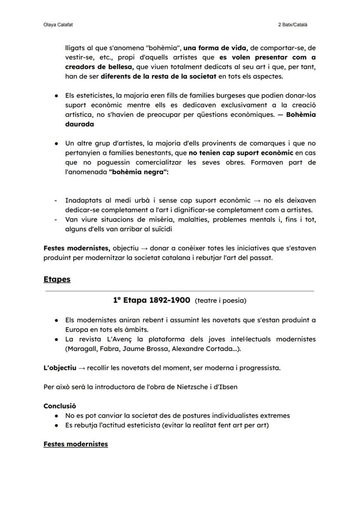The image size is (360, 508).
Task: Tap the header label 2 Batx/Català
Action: coord(292,25)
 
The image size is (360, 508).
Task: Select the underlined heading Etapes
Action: coord(57,279)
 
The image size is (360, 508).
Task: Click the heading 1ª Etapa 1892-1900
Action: coord(152,300)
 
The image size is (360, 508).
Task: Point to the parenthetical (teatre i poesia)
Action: coord(220,301)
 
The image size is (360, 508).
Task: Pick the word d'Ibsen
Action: coord(226,386)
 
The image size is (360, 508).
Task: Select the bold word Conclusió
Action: coord(60,406)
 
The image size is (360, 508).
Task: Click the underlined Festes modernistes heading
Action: coord(76,444)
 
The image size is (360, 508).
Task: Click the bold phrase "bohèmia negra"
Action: coord(138,172)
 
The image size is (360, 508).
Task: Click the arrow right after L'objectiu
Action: coord(81,368)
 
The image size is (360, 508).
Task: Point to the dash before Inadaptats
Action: coord(56,200)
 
